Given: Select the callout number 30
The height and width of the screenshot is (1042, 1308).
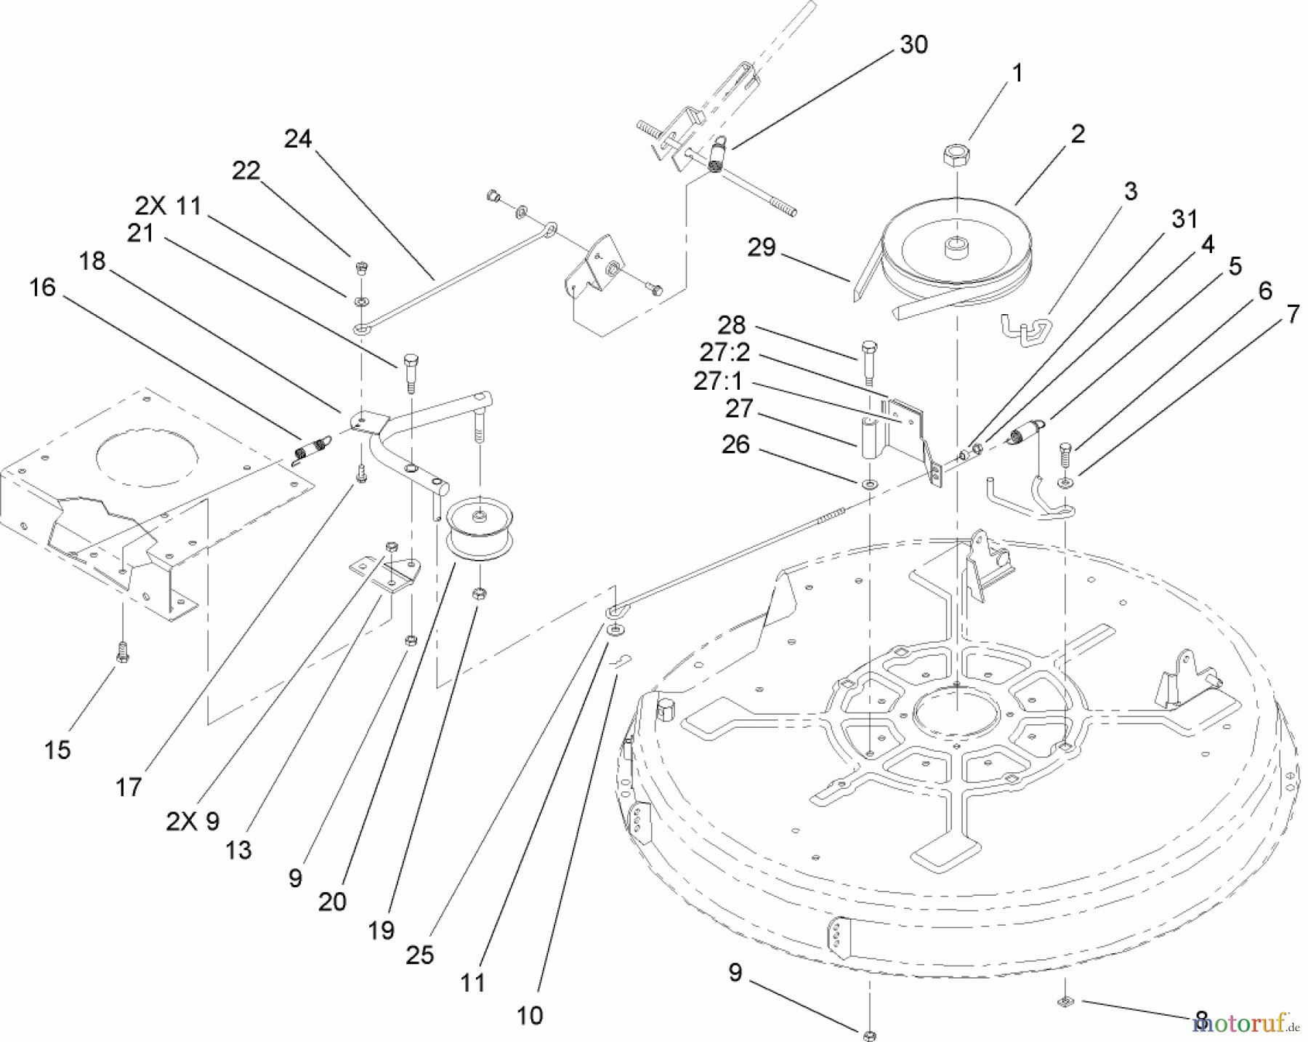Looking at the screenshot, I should pos(913,45).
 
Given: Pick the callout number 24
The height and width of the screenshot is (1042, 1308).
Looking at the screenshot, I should pos(298,139).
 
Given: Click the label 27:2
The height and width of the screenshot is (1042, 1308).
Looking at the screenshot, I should pos(724,353).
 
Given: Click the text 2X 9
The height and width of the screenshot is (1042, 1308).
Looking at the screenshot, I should pos(192,822).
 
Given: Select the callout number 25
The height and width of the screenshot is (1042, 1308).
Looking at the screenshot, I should pos(419,955).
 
